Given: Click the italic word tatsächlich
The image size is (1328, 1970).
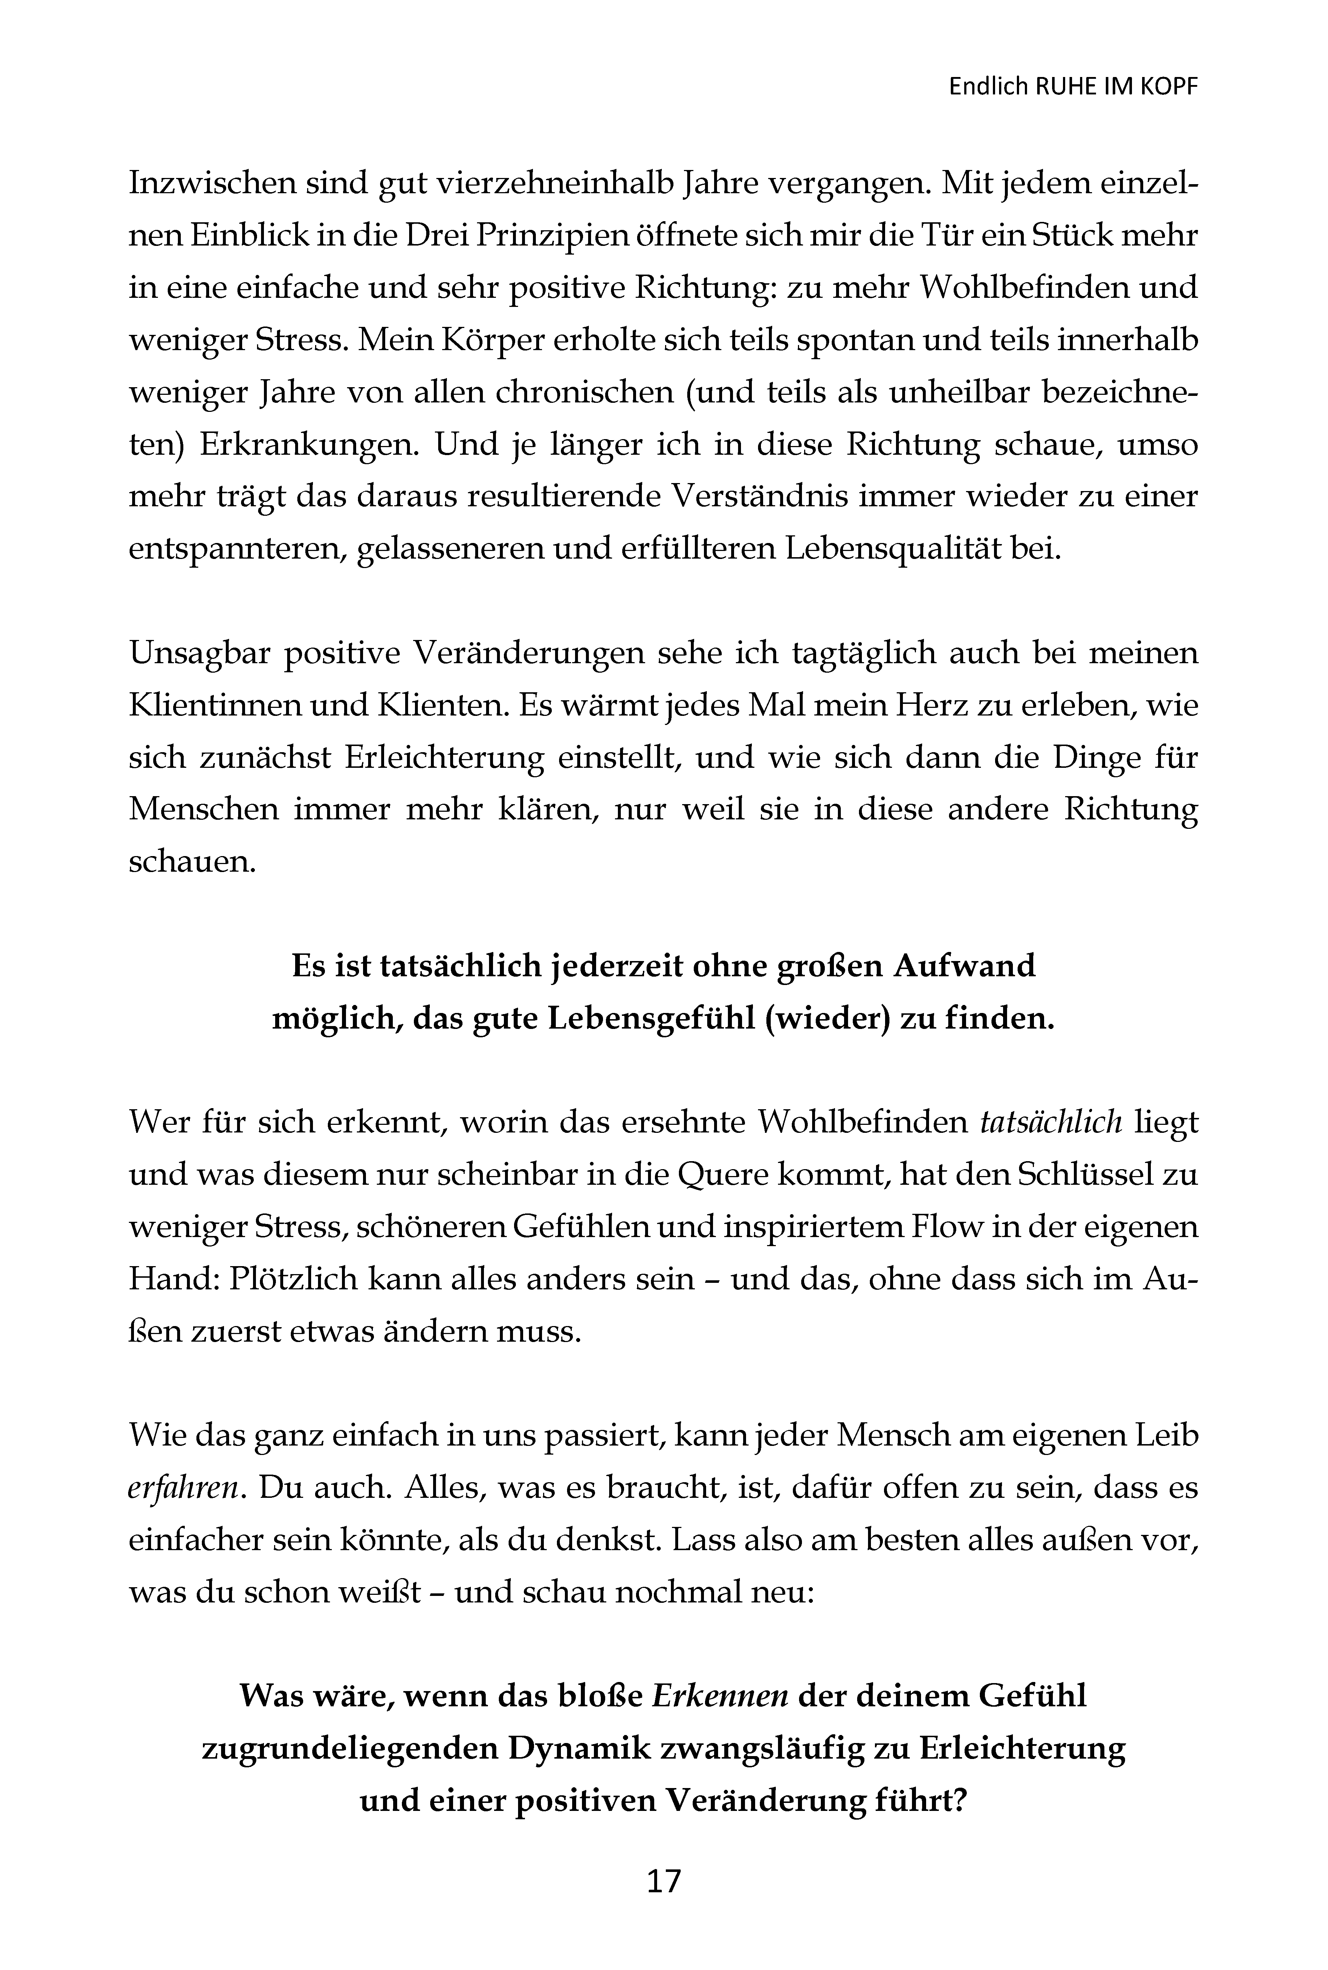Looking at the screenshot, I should click(1050, 1123).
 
